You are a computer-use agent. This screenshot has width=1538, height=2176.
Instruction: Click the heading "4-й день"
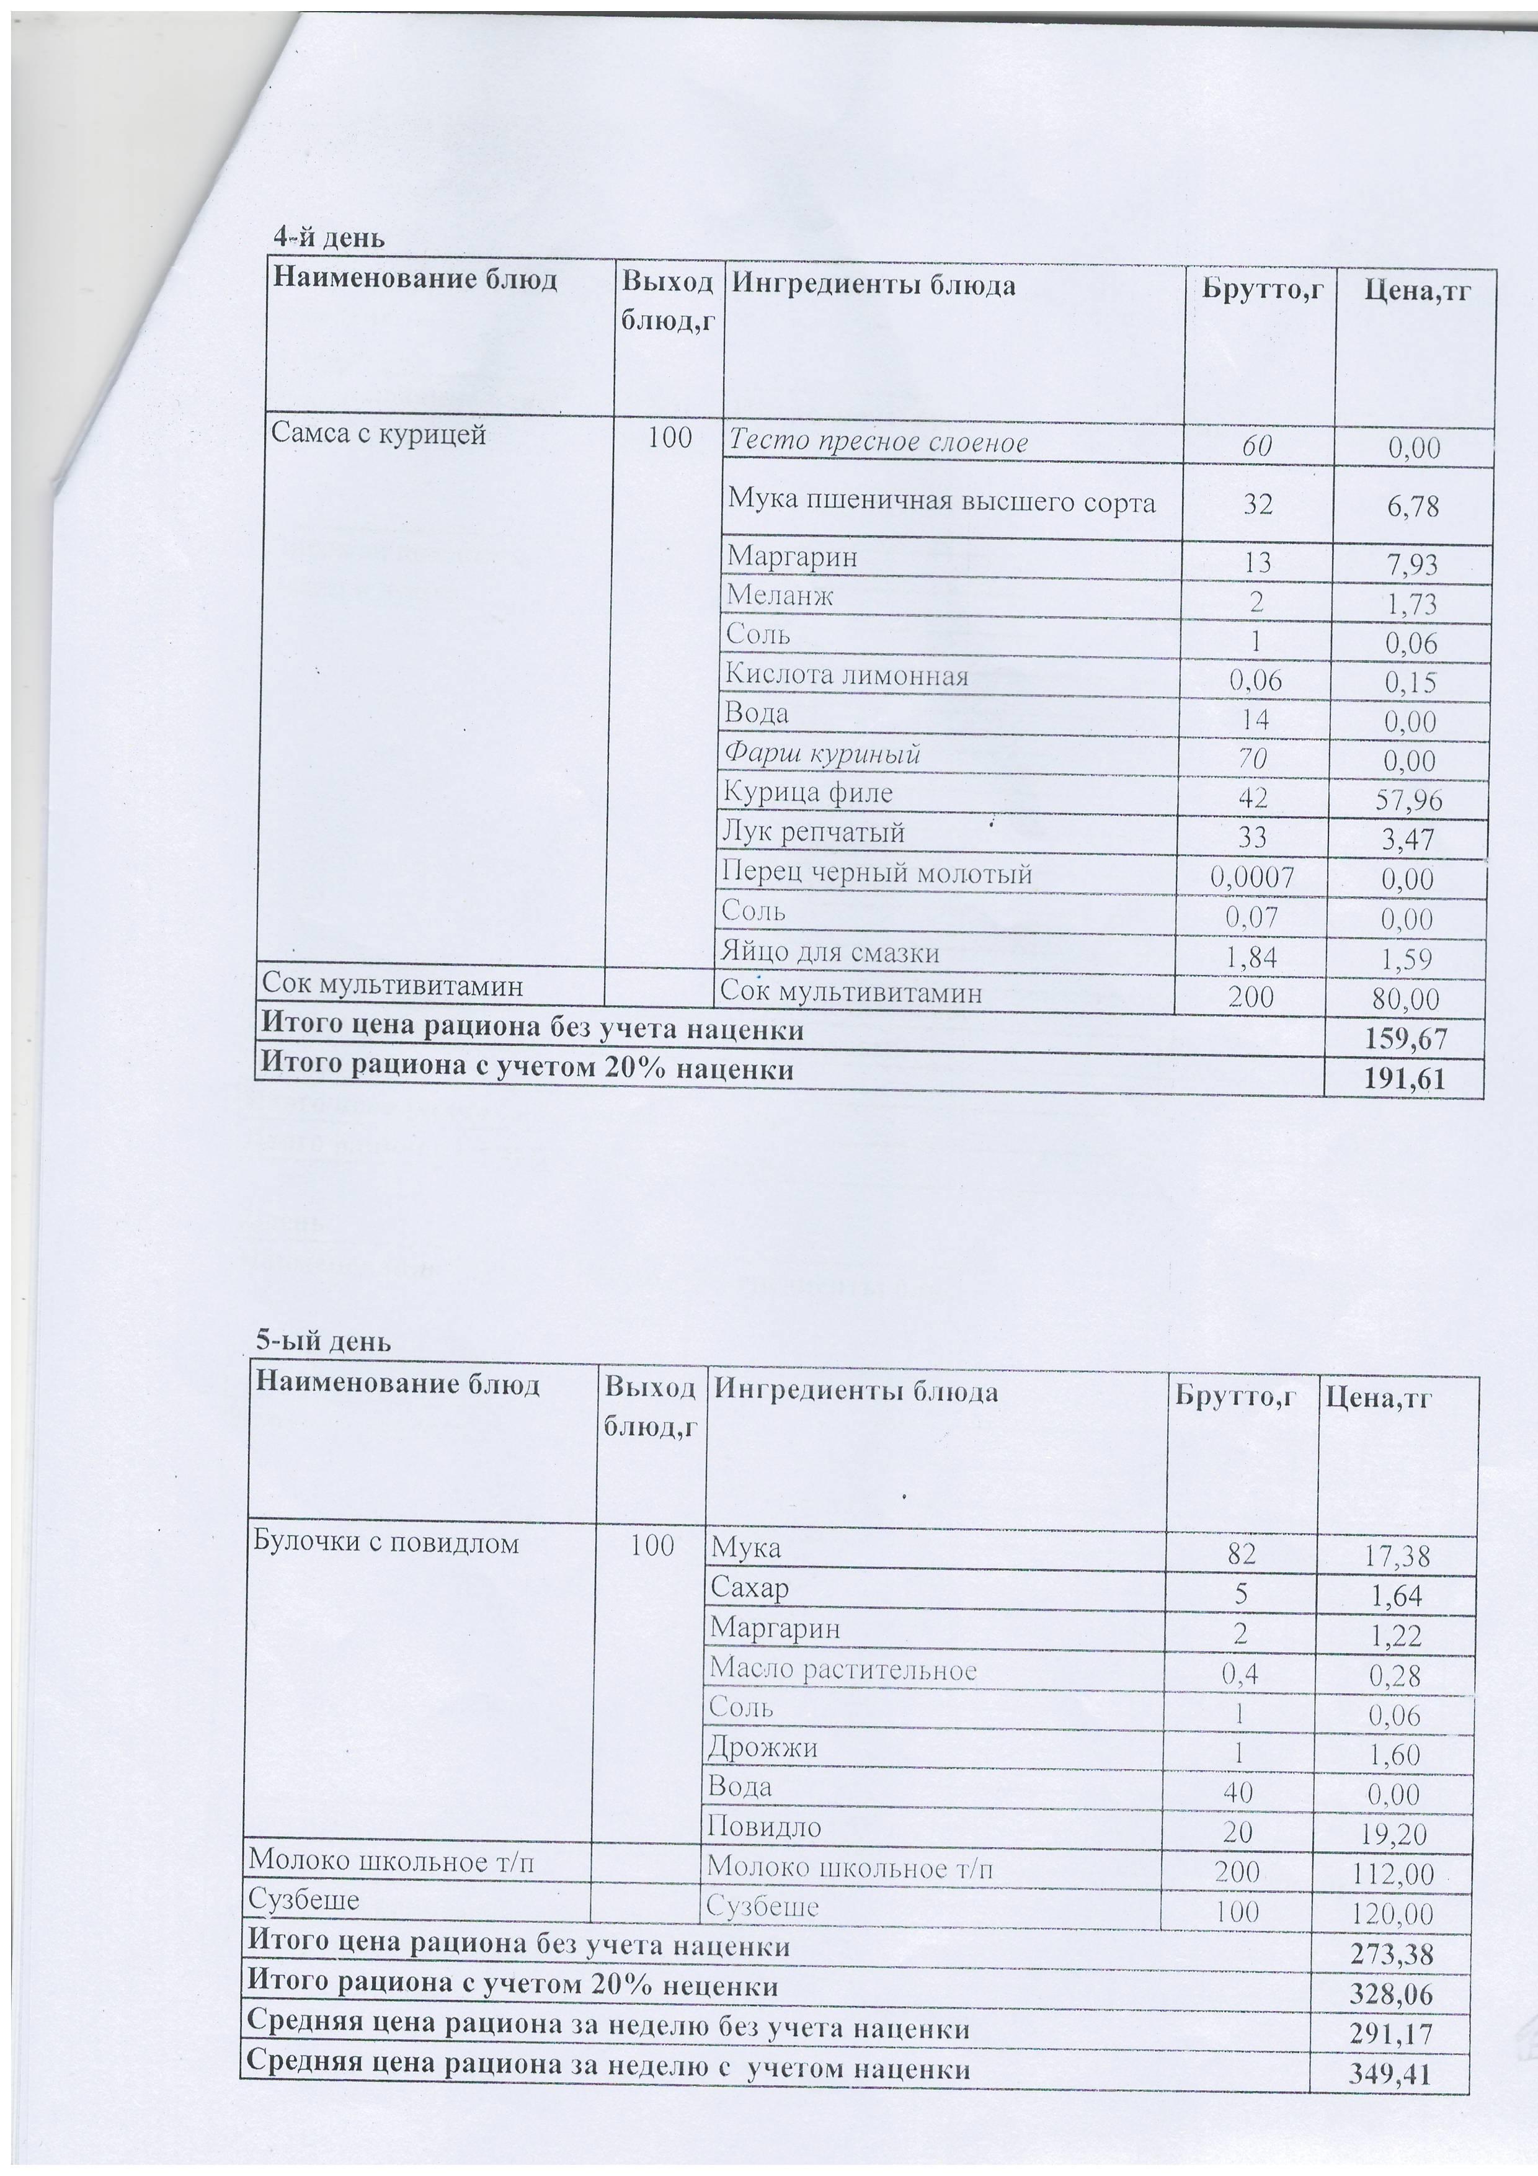point(329,237)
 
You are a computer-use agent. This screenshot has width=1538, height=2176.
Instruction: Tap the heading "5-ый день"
point(323,1341)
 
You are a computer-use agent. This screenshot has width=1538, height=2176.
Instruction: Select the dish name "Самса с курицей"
point(378,434)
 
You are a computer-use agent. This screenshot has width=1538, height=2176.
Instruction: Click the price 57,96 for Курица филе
point(1408,801)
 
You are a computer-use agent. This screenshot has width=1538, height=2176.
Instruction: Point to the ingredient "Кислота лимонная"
point(847,676)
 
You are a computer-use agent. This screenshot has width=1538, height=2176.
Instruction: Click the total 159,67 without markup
point(1405,1040)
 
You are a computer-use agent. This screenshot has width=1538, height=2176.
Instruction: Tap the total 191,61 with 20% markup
point(1405,1079)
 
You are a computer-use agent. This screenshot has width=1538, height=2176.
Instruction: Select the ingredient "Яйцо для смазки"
point(830,953)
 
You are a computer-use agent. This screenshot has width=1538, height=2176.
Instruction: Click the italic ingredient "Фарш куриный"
point(822,754)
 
